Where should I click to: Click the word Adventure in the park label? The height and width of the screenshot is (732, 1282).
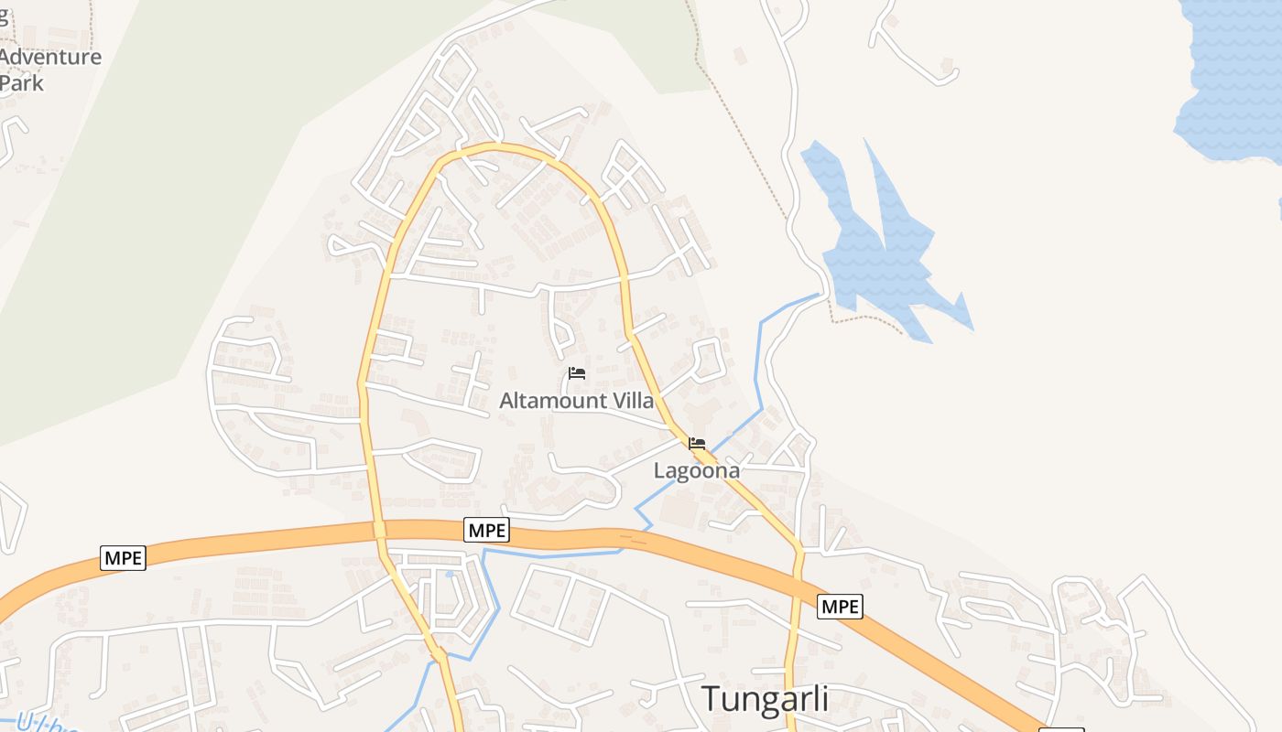pyautogui.click(x=51, y=57)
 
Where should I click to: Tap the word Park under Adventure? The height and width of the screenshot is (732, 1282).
pyautogui.click(x=22, y=82)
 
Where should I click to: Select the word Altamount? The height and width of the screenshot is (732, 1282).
pyautogui.click(x=553, y=401)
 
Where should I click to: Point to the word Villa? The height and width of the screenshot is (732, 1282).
pyautogui.click(x=633, y=401)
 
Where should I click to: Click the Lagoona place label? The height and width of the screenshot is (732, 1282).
pyautogui.click(x=696, y=470)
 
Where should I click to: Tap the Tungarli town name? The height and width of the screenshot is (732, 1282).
pyautogui.click(x=765, y=698)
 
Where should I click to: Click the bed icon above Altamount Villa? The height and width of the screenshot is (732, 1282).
pyautogui.click(x=577, y=373)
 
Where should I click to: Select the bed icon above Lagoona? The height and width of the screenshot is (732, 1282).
pyautogui.click(x=697, y=444)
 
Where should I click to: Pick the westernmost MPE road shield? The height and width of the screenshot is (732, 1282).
pyautogui.click(x=123, y=557)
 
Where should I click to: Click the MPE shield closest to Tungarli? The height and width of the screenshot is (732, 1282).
pyautogui.click(x=840, y=606)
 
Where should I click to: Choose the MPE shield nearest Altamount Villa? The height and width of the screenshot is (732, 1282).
pyautogui.click(x=486, y=530)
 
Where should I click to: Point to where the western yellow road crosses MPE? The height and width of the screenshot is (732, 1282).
pyautogui.click(x=379, y=530)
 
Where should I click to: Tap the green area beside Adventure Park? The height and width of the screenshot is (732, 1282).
pyautogui.click(x=183, y=183)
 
